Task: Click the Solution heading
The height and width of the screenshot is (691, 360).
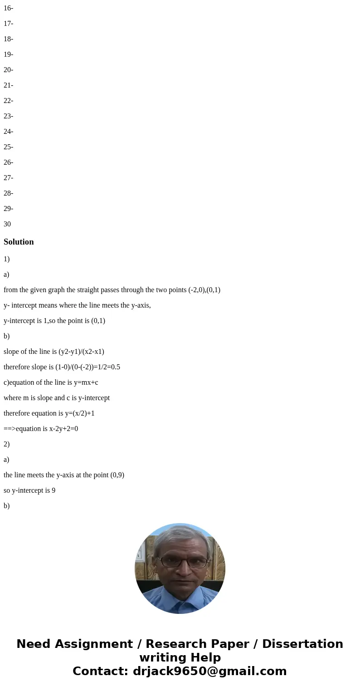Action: tap(19, 242)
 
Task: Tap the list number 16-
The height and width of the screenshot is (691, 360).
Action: tap(8, 8)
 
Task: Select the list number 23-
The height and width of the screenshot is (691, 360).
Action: tap(8, 116)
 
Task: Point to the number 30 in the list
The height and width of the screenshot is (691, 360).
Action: tap(7, 224)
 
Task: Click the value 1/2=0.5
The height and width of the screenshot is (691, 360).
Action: tap(108, 367)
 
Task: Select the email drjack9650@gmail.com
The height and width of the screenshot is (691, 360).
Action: tap(210, 671)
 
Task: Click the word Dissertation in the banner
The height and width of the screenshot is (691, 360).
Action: tap(302, 644)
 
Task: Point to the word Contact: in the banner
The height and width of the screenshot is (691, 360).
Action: tap(101, 671)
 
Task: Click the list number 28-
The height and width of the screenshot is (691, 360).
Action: tap(8, 193)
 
